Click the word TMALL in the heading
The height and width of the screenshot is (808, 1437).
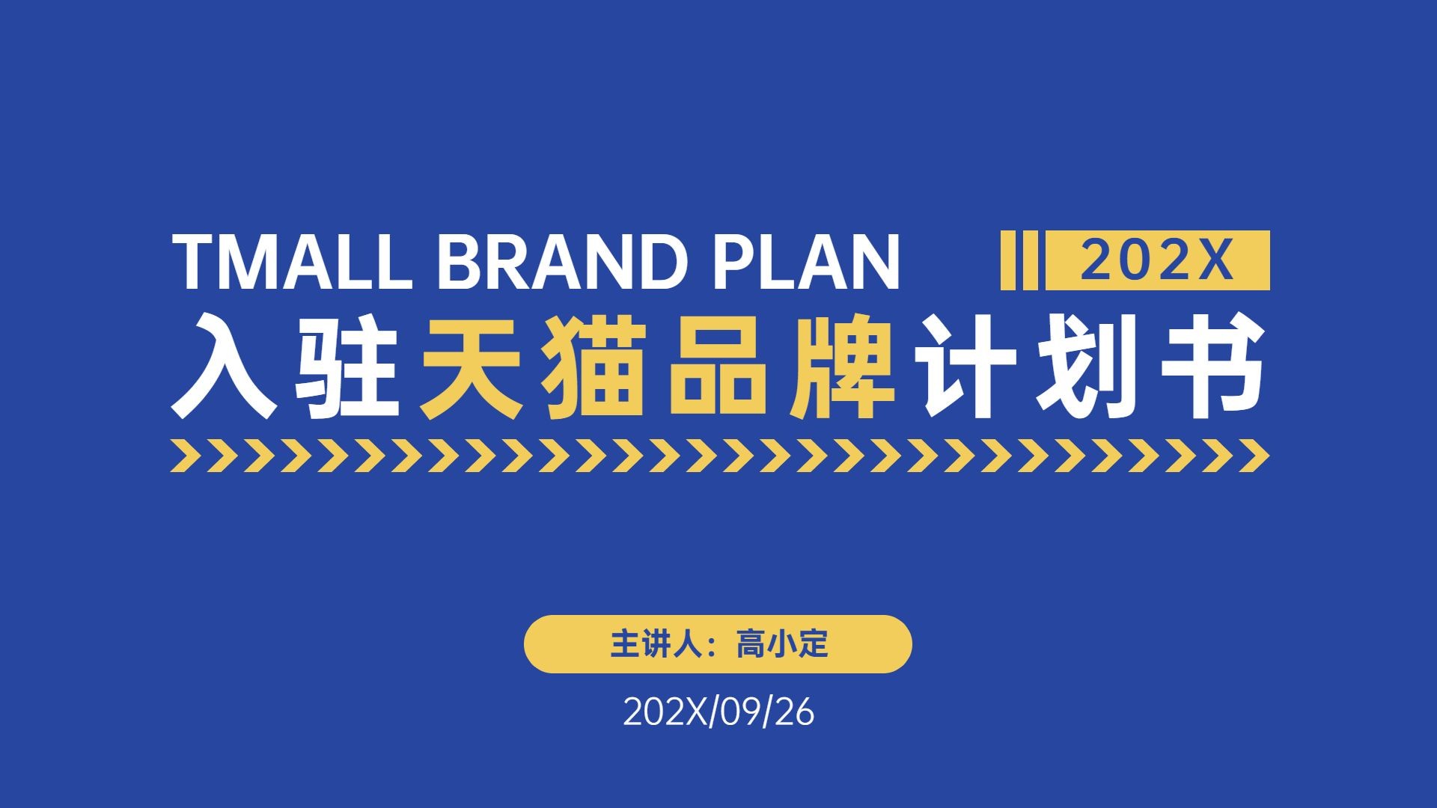(x=293, y=261)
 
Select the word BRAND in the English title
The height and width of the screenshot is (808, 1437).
(x=563, y=261)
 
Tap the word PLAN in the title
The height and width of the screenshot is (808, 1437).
(x=805, y=261)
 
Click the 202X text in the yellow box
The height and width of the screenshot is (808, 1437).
(x=1156, y=260)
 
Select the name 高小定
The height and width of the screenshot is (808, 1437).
(x=782, y=644)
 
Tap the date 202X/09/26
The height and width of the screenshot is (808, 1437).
(x=718, y=712)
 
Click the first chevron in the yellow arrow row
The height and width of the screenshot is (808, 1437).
(x=184, y=456)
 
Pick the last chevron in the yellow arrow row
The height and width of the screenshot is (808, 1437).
(x=1254, y=456)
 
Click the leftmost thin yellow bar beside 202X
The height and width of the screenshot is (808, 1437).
(x=1008, y=260)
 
